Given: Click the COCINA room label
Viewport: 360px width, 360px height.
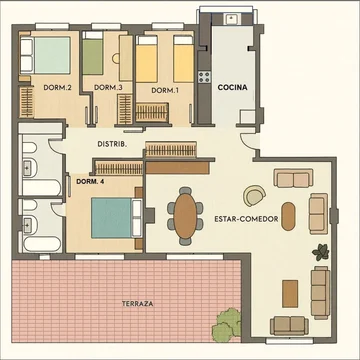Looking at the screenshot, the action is click(x=232, y=87).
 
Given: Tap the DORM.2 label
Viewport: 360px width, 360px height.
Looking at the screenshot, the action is click(x=54, y=88).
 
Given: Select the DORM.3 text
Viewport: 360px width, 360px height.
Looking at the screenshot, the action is click(x=104, y=88).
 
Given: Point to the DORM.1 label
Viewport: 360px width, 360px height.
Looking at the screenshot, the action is click(x=163, y=90).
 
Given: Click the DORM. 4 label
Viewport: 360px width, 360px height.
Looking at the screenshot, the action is click(x=87, y=182).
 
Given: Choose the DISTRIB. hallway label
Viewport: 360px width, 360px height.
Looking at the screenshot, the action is click(x=112, y=144).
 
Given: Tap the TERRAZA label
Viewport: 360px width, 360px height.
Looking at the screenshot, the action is click(x=138, y=304).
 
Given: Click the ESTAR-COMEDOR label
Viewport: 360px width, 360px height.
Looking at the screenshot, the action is click(x=246, y=219).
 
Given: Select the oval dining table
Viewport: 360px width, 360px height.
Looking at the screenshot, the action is click(x=185, y=216).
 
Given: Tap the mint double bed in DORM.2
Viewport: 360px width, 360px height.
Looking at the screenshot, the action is click(x=46, y=55).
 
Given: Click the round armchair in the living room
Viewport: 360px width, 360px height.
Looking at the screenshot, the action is click(x=254, y=196).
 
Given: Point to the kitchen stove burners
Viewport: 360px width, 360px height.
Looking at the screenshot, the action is click(x=204, y=77).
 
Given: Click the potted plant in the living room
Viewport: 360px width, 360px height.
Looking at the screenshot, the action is click(x=321, y=252).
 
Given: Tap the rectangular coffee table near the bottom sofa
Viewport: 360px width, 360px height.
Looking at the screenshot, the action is click(x=290, y=294).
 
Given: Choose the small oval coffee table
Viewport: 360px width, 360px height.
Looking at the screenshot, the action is click(x=288, y=216).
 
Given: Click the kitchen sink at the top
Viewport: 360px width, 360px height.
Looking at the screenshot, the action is click(x=231, y=19).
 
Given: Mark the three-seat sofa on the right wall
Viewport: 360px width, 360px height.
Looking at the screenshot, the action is click(x=320, y=293).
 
